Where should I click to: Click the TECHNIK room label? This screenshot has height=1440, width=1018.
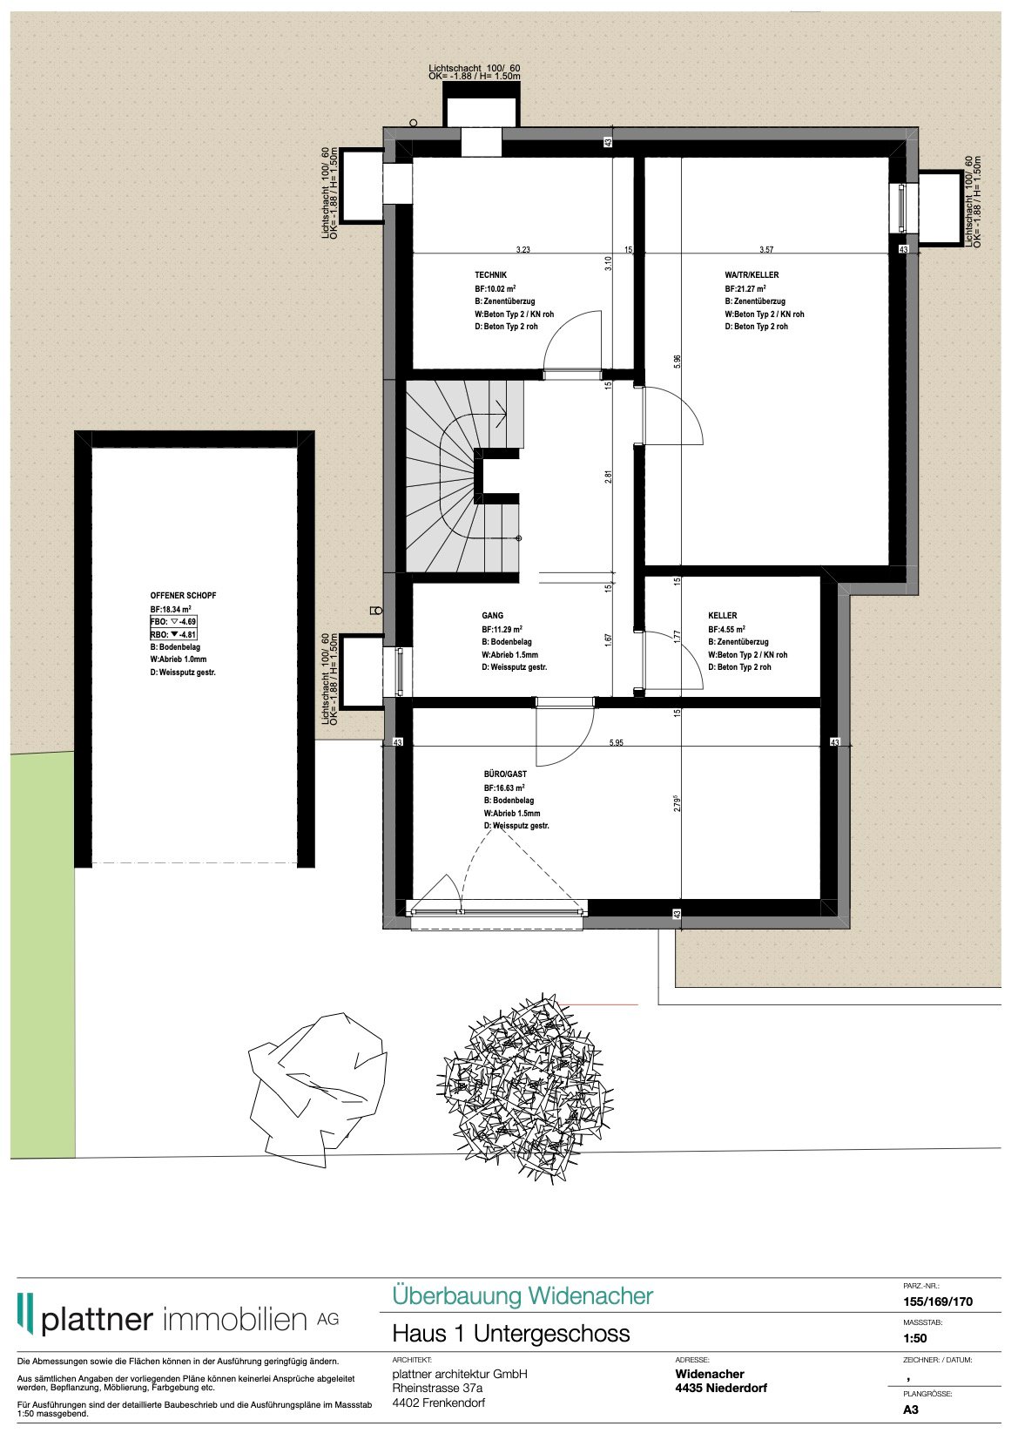tap(490, 275)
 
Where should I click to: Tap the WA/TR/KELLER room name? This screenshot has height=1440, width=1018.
tap(752, 275)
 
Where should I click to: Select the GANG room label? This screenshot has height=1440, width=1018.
tap(492, 616)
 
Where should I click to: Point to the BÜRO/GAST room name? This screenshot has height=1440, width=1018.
tap(505, 774)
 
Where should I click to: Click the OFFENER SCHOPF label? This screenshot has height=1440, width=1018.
tap(183, 596)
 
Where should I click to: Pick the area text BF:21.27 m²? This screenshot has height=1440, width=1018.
tap(745, 288)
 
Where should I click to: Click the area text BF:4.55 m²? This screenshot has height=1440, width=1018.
tap(726, 629)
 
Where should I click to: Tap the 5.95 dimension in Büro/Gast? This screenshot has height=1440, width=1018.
tap(616, 743)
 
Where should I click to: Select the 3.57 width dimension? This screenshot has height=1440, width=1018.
tap(765, 250)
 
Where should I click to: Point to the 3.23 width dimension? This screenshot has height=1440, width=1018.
tap(522, 250)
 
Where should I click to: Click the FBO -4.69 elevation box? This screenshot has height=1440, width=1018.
tap(173, 621)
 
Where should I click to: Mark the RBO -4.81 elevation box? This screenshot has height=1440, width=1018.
tap(173, 634)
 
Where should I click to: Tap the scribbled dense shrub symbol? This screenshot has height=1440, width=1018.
tap(526, 1089)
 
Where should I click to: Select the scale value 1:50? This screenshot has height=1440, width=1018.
tap(915, 1338)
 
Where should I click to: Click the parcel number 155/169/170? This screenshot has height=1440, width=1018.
tap(938, 1301)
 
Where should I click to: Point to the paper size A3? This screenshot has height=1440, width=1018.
tap(911, 1410)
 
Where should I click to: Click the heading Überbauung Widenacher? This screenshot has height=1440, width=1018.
tap(522, 1295)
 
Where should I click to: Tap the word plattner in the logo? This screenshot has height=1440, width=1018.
tap(97, 1320)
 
